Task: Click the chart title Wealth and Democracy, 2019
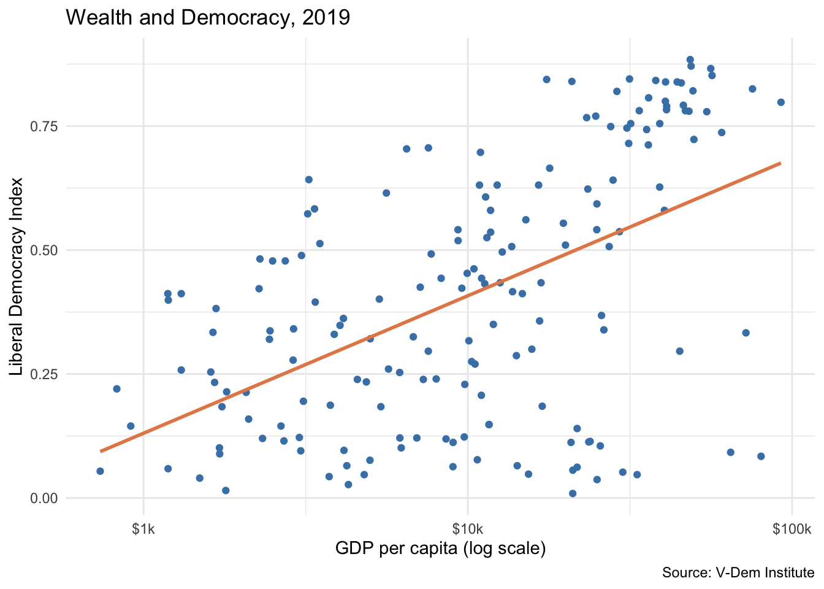[207, 17]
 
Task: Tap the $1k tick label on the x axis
[143, 529]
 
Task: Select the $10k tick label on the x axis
[468, 529]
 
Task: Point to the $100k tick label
[792, 529]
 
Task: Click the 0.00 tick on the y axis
[43, 498]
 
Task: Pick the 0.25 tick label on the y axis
[43, 374]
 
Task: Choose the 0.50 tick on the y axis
[43, 250]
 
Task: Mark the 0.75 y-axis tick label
[43, 126]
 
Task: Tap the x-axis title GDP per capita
[440, 548]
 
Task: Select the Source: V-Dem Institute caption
[738, 573]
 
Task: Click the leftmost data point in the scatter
[100, 471]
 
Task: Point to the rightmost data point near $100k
[780, 102]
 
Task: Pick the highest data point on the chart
[690, 60]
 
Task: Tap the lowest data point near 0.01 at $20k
[573, 493]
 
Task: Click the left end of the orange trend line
[101, 451]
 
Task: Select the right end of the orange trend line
[780, 163]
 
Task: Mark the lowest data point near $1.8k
[226, 490]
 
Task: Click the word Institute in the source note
[790, 573]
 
